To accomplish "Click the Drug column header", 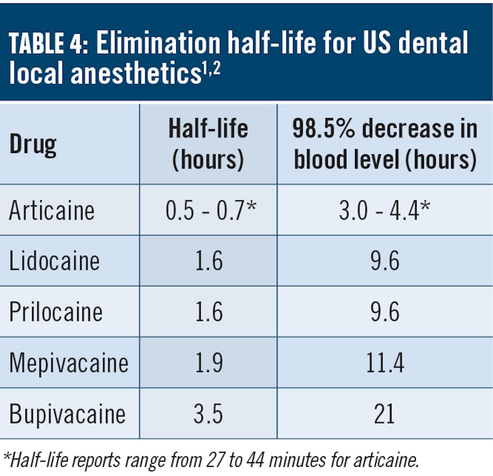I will click(33, 145).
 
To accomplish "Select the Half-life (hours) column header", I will click(208, 144).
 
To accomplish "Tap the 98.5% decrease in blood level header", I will click(385, 144).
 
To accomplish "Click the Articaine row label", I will click(52, 211).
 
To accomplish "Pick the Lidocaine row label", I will click(54, 261).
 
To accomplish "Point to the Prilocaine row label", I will click(56, 312).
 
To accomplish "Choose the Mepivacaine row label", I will click(69, 363).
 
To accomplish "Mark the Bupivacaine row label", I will click(67, 414).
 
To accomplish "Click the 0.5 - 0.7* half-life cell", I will click(211, 210).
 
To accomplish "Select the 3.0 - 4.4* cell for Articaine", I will click(385, 210).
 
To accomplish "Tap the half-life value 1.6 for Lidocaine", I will click(209, 261).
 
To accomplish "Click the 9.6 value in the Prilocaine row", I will click(385, 312).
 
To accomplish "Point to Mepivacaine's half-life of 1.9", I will click(209, 363).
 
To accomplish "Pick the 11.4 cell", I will click(385, 363).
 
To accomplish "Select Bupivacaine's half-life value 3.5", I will click(208, 414).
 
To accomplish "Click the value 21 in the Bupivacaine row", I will click(385, 414).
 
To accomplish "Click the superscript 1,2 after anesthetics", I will click(211, 69).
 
